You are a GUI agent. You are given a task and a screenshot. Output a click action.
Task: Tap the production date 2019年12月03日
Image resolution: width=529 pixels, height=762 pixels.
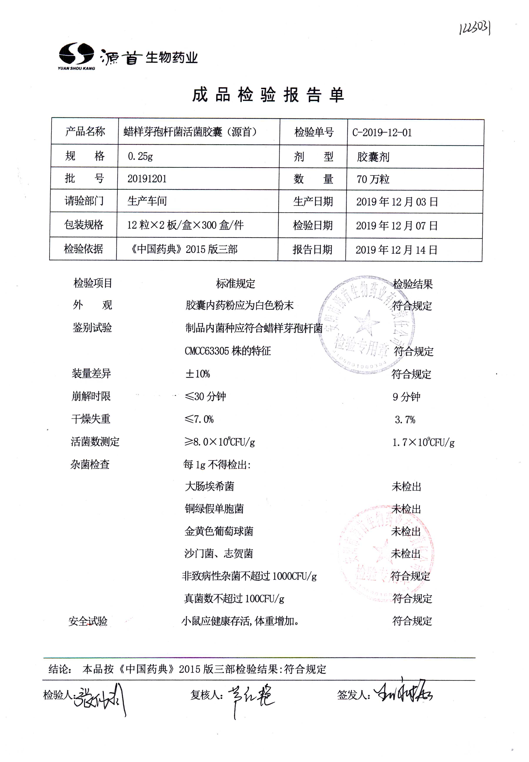click(x=397, y=202)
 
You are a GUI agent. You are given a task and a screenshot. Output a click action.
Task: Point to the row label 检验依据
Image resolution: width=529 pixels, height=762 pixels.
click(x=83, y=248)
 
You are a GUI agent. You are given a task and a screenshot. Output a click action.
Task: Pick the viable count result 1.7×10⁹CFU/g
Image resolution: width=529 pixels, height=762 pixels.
click(x=423, y=442)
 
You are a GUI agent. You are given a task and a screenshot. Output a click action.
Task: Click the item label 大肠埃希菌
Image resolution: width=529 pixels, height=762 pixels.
click(x=209, y=487)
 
